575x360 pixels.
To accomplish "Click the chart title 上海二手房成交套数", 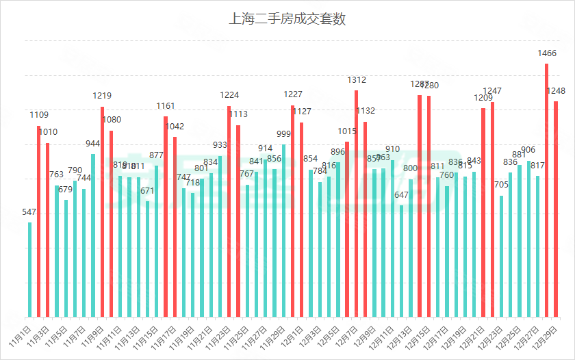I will (287, 19).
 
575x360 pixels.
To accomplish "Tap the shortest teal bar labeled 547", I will (30, 270).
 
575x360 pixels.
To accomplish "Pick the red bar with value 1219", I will (103, 211).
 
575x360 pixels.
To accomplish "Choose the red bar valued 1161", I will (166, 216).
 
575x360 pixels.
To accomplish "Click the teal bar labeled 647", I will (402, 261).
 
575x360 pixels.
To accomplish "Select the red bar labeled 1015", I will (347, 229).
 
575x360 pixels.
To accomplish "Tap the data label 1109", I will (39, 114).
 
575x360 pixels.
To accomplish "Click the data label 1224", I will (229, 95).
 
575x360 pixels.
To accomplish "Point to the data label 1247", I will (492, 91).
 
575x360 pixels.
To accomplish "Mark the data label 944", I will (93, 143).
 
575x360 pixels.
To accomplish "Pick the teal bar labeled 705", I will (502, 256).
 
